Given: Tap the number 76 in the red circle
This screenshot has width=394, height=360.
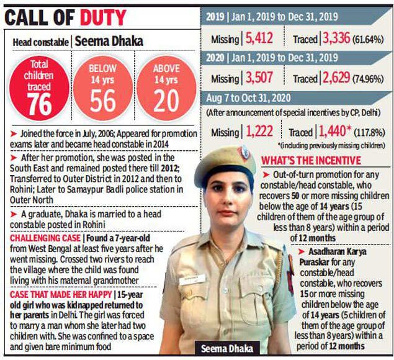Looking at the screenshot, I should (x=40, y=104).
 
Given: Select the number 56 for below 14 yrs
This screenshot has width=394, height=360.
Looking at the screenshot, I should (x=102, y=100).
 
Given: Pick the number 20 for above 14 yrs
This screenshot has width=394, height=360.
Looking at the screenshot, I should (x=166, y=100).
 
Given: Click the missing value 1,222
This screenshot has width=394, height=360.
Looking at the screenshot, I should (x=259, y=132).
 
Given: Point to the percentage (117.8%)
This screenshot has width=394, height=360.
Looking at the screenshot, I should (x=370, y=132).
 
